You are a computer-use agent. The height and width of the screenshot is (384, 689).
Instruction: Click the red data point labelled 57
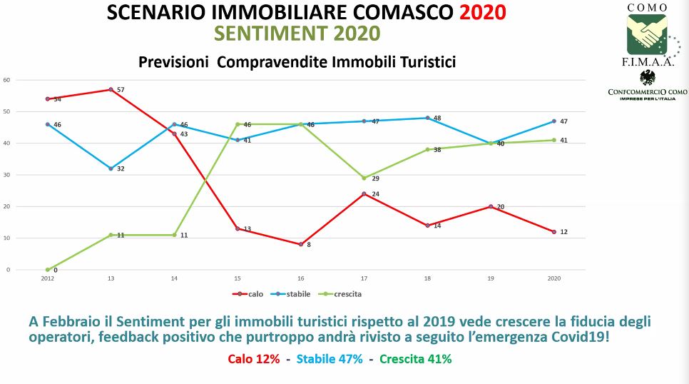(111, 89)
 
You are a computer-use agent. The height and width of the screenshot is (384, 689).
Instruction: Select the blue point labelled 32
(111, 168)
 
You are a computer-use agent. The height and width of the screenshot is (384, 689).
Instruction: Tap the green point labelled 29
(364, 178)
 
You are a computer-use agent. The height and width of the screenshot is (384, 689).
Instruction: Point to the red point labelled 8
(300, 244)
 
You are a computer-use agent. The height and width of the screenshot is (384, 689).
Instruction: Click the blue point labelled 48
(427, 118)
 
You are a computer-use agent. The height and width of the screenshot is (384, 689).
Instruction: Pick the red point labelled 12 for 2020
(553, 231)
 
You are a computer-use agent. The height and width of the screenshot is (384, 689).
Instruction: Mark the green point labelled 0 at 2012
(47, 270)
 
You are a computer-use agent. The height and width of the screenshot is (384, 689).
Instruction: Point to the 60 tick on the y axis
(6, 80)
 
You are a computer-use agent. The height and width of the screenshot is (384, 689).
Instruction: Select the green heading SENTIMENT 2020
(297, 34)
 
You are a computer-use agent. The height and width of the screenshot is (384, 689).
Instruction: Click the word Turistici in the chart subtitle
(420, 63)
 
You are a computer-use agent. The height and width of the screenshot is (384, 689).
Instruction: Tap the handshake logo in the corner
(647, 32)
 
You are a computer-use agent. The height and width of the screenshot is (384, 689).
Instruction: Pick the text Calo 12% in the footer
(254, 359)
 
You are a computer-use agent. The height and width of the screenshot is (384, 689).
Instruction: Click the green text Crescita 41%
(415, 359)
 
